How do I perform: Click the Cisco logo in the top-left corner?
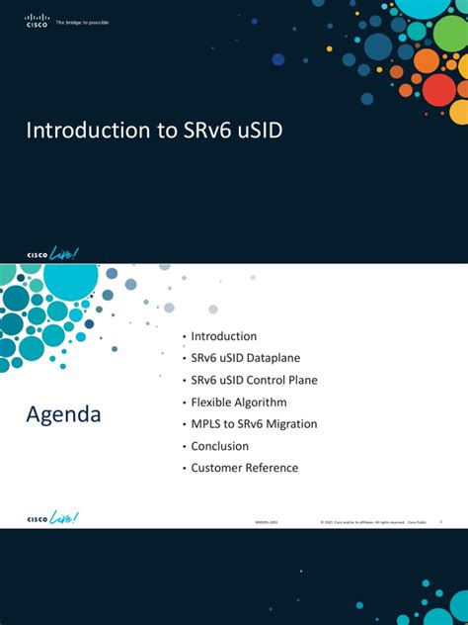click(x=37, y=20)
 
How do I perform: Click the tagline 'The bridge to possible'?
click(x=82, y=21)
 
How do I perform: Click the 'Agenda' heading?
click(x=63, y=414)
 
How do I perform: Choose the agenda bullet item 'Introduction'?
click(x=223, y=336)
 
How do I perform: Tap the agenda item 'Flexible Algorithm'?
click(x=238, y=402)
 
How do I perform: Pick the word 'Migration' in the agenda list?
click(x=292, y=423)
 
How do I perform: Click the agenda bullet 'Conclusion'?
click(x=220, y=446)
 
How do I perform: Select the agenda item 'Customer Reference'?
click(x=244, y=468)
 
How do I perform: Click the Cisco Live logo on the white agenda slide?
click(x=51, y=517)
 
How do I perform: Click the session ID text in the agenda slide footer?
click(x=267, y=521)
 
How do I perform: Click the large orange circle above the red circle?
click(x=427, y=60)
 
